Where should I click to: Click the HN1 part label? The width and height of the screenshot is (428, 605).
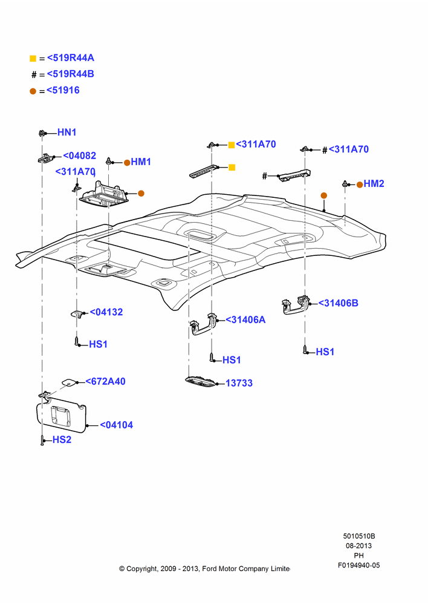tap(66, 132)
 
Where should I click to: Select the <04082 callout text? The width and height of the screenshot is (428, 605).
tap(79, 155)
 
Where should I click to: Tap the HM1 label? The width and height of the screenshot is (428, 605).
tap(141, 162)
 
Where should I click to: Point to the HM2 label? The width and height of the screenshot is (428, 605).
tap(374, 184)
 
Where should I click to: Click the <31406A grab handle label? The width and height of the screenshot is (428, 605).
tap(245, 320)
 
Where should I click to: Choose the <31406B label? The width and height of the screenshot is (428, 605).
tap(338, 303)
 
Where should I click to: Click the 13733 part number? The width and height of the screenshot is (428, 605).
tap(239, 383)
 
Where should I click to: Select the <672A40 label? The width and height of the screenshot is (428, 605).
tap(105, 382)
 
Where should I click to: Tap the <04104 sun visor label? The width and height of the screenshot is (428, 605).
tap(117, 425)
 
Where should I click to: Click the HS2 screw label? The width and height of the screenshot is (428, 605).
tap(62, 440)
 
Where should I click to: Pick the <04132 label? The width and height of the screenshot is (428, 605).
tap(106, 312)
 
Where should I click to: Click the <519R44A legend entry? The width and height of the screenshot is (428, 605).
tap(71, 58)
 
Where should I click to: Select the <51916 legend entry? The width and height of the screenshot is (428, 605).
tap(63, 90)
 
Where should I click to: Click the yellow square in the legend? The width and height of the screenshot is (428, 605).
tap(33, 59)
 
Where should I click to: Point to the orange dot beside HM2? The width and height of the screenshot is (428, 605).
tap(359, 185)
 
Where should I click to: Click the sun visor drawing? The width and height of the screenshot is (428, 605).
tap(61, 417)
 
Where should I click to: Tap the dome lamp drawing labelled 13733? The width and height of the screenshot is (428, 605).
tap(201, 382)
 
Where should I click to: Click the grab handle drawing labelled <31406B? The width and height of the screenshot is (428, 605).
tap(296, 305)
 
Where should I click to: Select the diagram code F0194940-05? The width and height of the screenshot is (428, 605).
tap(358, 565)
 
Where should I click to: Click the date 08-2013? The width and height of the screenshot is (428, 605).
tap(358, 546)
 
